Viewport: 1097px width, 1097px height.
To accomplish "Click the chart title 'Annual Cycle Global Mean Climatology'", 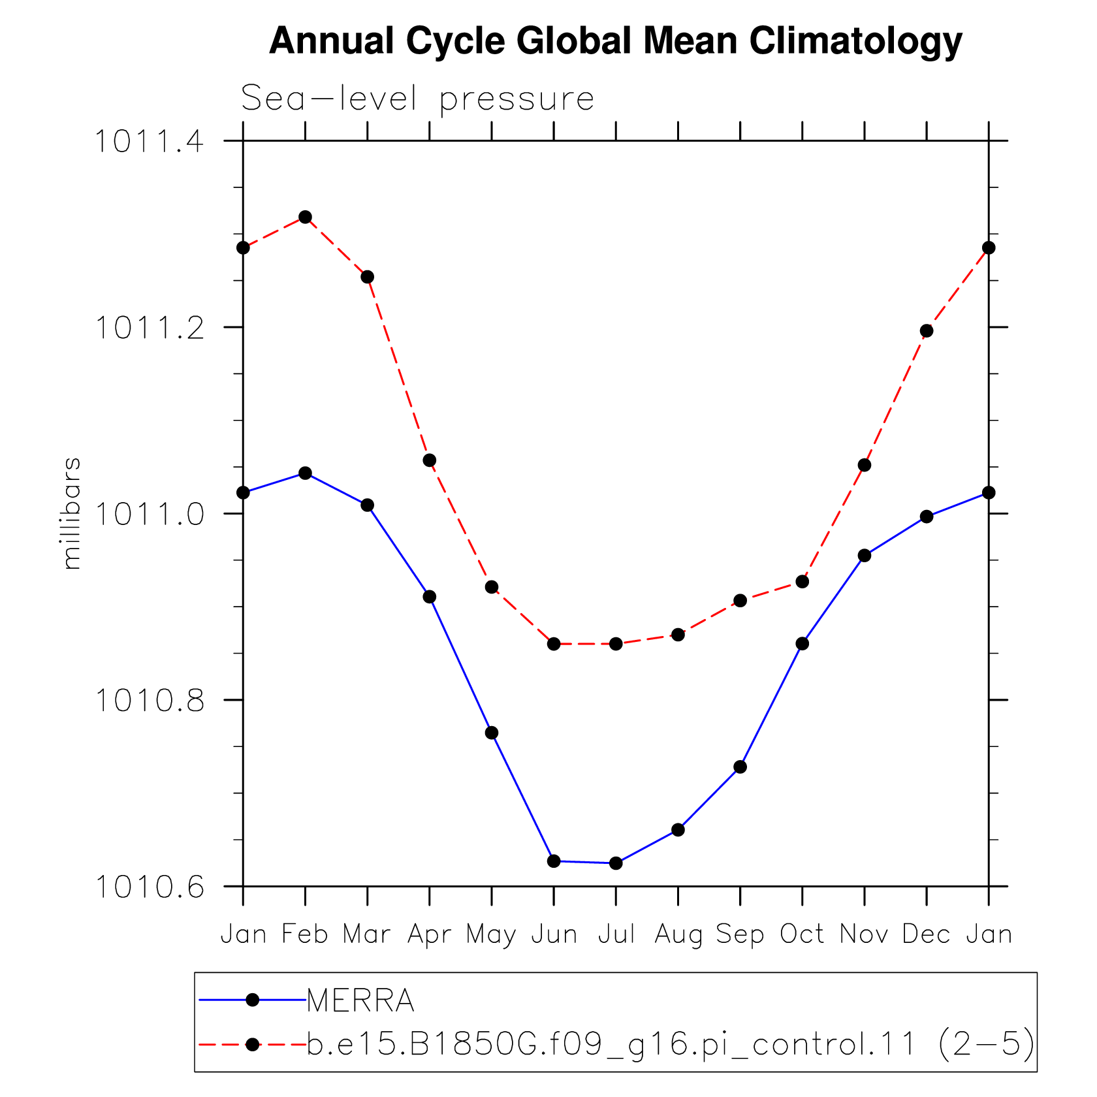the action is (616, 42).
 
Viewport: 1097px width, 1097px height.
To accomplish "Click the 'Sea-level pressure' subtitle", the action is (418, 99).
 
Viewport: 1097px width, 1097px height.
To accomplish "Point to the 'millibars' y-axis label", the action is (71, 513).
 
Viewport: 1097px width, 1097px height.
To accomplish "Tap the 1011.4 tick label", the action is (150, 142).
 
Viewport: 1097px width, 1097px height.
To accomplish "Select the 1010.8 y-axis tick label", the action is (150, 701).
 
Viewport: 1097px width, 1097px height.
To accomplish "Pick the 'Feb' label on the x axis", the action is (305, 934).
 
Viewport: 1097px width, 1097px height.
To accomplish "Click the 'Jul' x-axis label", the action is (616, 934).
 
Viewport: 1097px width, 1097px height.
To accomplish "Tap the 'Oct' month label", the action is (803, 934).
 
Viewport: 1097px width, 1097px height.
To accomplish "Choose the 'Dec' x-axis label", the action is (927, 934).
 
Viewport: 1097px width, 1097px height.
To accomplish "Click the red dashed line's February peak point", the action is (305, 217).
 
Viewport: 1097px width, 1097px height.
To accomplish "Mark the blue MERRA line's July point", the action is (616, 863).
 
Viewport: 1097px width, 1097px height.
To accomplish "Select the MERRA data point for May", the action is (492, 733).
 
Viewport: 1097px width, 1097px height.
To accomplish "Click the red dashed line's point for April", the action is (430, 460).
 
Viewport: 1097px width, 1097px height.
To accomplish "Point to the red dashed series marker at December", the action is (927, 331).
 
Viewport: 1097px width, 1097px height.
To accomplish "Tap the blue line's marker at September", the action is (740, 767).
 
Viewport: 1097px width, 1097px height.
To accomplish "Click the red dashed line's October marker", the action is (803, 581).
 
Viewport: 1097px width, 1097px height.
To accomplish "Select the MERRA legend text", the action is (360, 1000).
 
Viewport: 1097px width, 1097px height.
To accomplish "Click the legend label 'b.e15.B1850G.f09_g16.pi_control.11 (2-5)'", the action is (671, 1045).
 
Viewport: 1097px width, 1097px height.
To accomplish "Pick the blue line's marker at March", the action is (368, 505).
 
